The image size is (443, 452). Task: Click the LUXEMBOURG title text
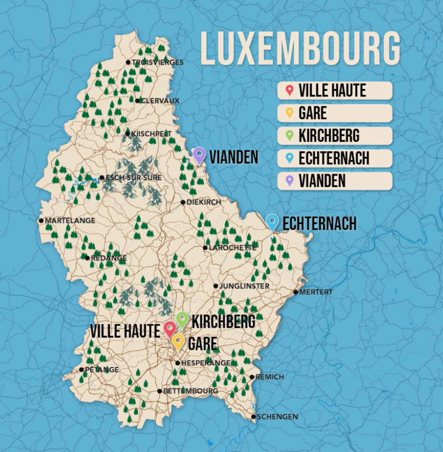300,48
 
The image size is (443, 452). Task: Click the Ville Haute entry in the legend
335,90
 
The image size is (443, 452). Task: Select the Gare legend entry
335,113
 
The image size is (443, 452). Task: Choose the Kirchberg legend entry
335,136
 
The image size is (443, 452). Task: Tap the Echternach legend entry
335,158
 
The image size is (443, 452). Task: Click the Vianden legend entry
335,181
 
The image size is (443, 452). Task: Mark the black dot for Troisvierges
128,62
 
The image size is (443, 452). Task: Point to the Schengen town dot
253,417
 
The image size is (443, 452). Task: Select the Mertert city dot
296,292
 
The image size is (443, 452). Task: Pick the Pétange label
102,370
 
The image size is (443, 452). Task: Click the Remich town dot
252,377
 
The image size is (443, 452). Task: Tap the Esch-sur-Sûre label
134,178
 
